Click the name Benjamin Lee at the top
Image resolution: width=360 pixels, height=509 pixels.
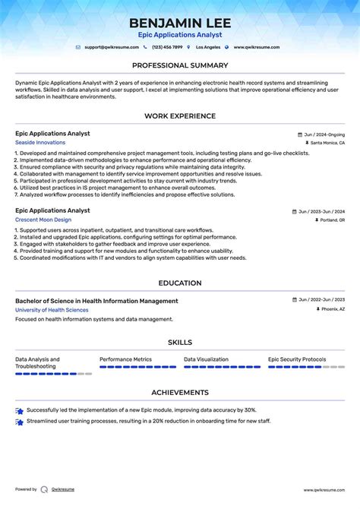[x=180, y=23]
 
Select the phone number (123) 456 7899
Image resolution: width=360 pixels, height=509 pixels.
[x=166, y=47]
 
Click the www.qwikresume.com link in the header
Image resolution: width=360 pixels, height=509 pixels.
[x=256, y=47]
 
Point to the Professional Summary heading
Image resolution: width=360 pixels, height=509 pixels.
[x=180, y=65]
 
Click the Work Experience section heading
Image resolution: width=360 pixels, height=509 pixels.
[x=180, y=116]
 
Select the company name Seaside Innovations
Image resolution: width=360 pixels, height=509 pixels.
[x=40, y=143]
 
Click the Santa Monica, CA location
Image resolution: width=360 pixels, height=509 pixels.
[x=327, y=143]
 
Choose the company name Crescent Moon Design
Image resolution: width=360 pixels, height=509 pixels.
[x=43, y=220]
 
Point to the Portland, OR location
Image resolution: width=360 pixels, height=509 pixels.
[x=332, y=220]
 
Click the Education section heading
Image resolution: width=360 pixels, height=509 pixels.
[x=180, y=283]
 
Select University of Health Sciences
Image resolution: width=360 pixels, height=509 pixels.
[x=52, y=310]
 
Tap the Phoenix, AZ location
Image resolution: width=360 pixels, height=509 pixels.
[x=332, y=310]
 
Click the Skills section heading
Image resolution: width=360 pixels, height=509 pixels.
[x=180, y=343]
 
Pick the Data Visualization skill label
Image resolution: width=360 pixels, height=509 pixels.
[x=206, y=359]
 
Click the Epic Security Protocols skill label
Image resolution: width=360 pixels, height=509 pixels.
[x=297, y=359]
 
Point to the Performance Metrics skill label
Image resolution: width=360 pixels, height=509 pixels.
[x=125, y=359]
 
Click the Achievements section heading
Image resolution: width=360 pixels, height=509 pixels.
[x=180, y=393]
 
